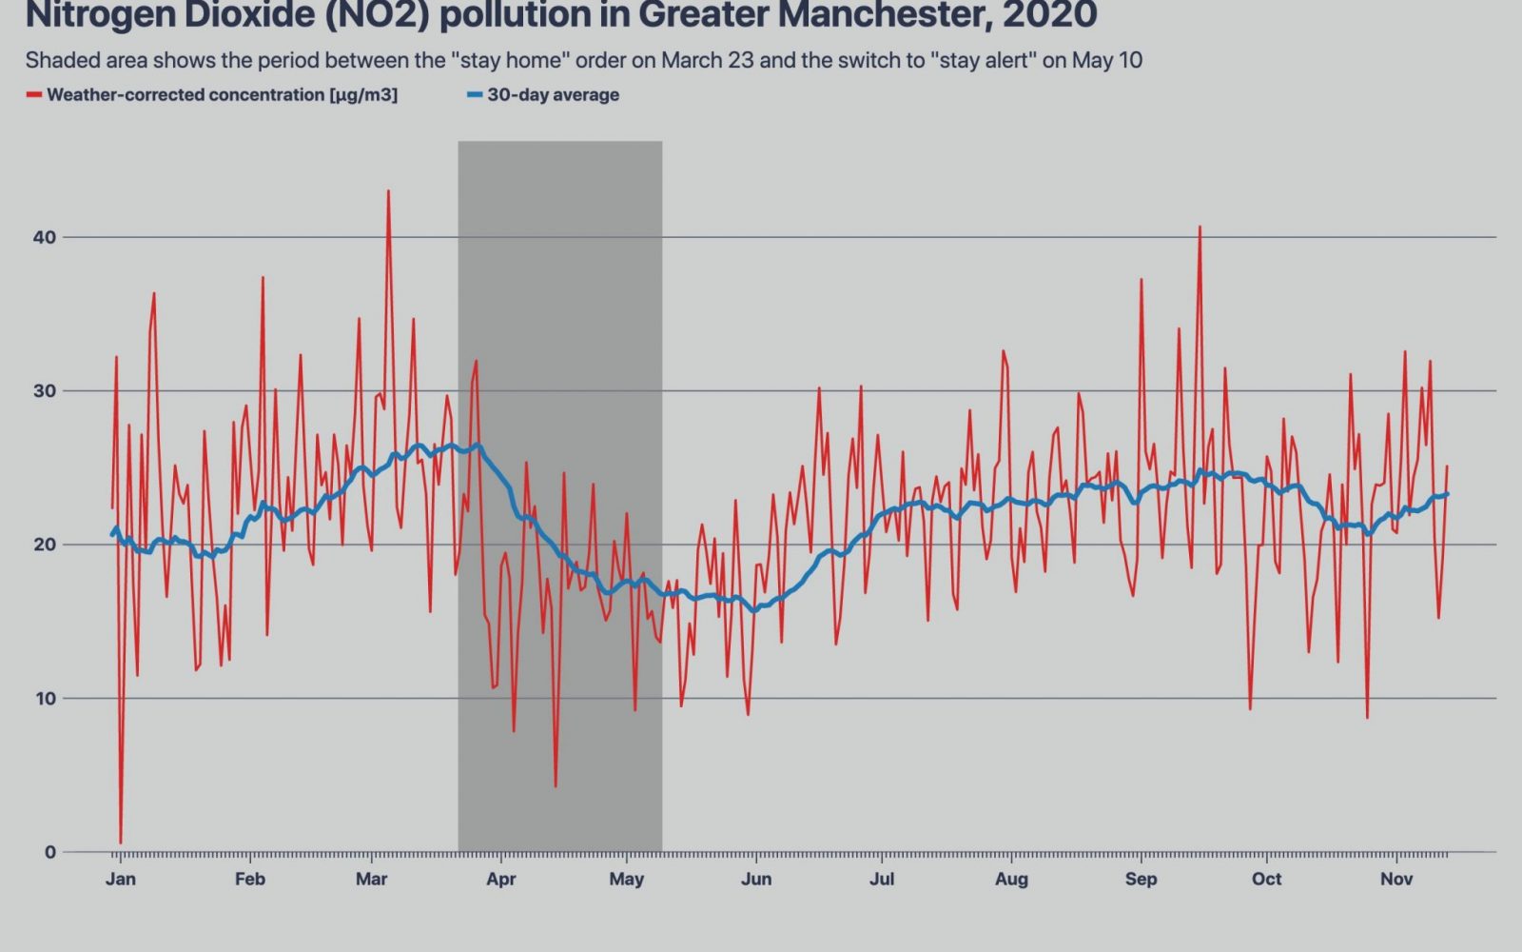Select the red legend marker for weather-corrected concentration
[x=34, y=95]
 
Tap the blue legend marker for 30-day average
[x=475, y=95]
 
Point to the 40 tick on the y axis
[x=45, y=237]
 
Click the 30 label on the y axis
[x=45, y=391]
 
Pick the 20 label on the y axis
[x=45, y=545]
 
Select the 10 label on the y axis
[x=45, y=699]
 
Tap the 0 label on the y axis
[x=50, y=852]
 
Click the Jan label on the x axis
[x=120, y=879]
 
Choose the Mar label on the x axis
[x=371, y=879]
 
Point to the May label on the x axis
[x=626, y=879]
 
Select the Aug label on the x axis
[x=1011, y=879]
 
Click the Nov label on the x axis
[x=1396, y=879]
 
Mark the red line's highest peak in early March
[x=388, y=191]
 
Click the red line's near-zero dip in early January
[x=121, y=843]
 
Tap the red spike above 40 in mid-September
[x=1200, y=228]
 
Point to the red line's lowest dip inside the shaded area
[x=556, y=785]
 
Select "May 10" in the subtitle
[x=1106, y=61]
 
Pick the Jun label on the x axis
[x=756, y=879]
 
